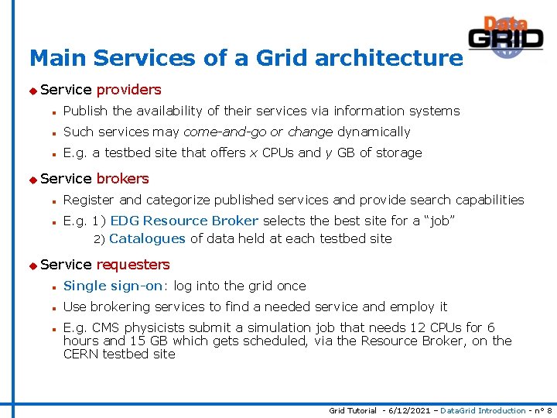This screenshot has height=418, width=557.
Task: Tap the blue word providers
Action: (x=128, y=90)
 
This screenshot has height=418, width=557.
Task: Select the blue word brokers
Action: (x=122, y=179)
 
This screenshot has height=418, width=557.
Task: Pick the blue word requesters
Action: (x=132, y=265)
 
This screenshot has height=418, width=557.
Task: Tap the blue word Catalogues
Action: (x=147, y=238)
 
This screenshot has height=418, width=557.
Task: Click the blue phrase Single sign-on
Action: (x=113, y=286)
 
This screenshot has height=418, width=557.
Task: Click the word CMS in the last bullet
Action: (x=104, y=327)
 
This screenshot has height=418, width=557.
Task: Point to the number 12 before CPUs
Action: (x=418, y=327)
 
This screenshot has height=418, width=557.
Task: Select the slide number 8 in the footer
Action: (x=548, y=410)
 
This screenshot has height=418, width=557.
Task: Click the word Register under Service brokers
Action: (x=89, y=200)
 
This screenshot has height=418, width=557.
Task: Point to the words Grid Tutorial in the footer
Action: (x=353, y=410)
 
